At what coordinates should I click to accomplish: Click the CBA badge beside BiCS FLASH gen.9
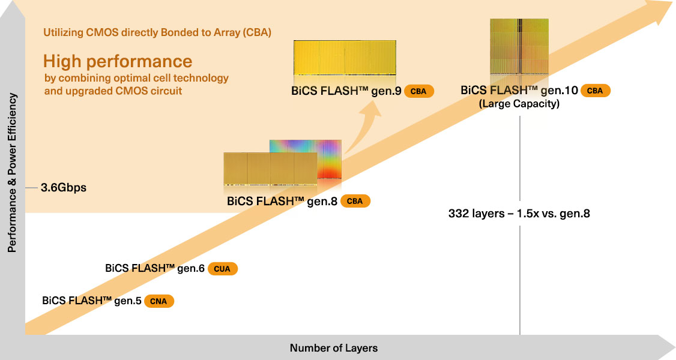(418, 91)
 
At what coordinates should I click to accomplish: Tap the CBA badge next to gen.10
(595, 91)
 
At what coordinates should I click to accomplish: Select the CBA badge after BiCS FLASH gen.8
(355, 201)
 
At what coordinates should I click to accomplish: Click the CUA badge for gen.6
(223, 269)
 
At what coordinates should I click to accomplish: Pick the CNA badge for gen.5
(159, 301)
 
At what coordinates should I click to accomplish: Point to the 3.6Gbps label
(64, 188)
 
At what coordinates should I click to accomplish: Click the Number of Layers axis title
(334, 348)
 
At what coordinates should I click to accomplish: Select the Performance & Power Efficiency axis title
(11, 173)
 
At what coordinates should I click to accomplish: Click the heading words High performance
(118, 61)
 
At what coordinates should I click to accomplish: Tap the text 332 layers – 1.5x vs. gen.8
(519, 213)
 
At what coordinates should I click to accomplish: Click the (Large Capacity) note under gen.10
(519, 104)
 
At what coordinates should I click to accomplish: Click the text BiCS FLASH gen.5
(92, 300)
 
